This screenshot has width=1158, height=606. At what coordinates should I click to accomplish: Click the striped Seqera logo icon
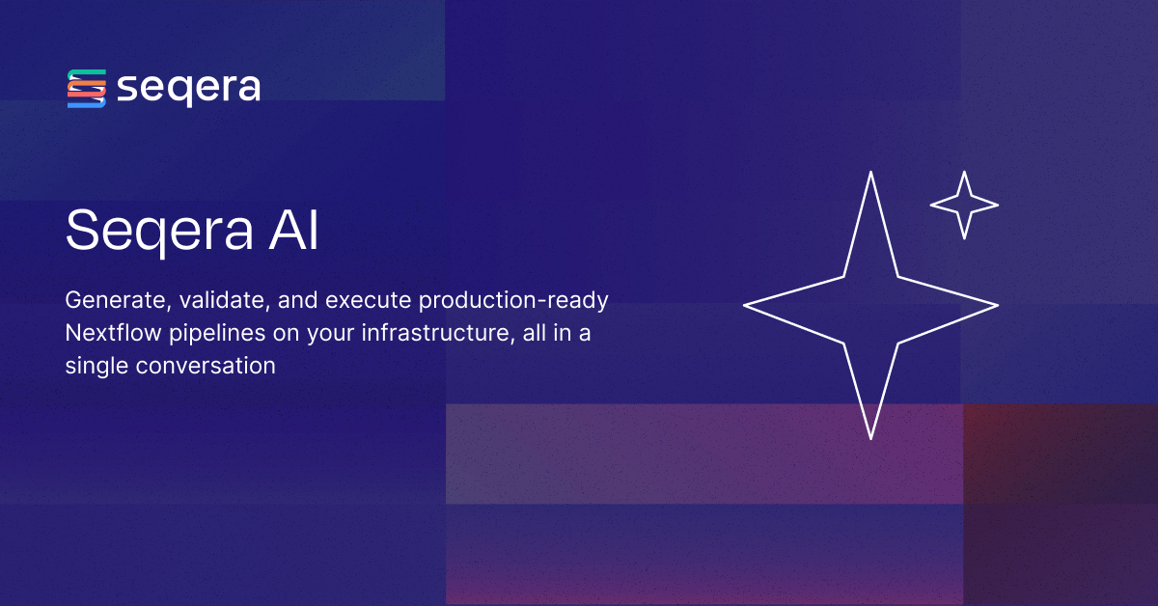tap(86, 89)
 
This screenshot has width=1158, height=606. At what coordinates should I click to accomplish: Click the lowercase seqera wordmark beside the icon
tap(189, 89)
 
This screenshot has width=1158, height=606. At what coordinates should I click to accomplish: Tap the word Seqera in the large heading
tap(159, 232)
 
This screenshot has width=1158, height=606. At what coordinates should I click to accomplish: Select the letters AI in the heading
tap(293, 230)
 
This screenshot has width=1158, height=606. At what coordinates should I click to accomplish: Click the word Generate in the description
tap(118, 300)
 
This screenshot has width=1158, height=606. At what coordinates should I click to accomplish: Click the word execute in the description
tap(368, 300)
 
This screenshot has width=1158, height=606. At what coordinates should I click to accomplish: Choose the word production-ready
tap(513, 301)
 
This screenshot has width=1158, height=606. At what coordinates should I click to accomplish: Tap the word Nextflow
tap(113, 333)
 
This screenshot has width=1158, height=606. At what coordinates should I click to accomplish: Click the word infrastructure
tap(438, 334)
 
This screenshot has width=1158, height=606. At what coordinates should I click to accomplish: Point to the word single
tap(96, 367)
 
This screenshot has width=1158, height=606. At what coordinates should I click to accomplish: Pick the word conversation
tap(206, 366)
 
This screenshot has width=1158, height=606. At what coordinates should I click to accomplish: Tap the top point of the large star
tap(870, 172)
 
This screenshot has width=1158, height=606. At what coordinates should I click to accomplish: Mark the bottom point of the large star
tap(871, 439)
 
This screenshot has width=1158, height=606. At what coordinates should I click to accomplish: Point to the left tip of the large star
tap(744, 306)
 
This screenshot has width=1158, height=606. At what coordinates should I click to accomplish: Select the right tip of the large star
tap(998, 306)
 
